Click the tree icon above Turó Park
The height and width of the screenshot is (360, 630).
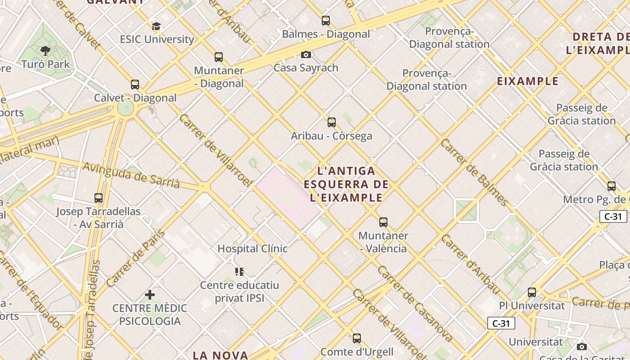click(45, 50)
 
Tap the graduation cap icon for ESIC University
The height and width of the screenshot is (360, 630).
click(156, 27)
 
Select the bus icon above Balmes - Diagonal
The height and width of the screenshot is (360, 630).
click(326, 21)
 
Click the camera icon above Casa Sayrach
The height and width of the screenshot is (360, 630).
click(306, 55)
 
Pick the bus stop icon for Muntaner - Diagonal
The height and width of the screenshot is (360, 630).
click(219, 57)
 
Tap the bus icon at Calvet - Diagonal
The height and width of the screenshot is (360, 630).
click(135, 85)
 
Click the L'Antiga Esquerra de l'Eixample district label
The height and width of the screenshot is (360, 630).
click(346, 184)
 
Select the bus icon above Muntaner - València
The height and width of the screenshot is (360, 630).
click(383, 222)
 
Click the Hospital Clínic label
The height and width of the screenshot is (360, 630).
click(252, 248)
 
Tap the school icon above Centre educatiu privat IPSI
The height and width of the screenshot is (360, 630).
click(239, 271)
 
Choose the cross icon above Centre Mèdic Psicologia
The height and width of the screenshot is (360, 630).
click(150, 295)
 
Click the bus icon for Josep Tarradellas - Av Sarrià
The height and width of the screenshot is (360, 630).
click(99, 198)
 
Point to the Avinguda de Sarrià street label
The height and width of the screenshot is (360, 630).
click(131, 175)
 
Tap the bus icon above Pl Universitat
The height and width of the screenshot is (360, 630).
click(532, 292)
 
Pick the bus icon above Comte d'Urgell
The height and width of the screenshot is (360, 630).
click(357, 338)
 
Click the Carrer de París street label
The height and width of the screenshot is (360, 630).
click(136, 258)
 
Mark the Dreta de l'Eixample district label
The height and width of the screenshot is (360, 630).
click(598, 43)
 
